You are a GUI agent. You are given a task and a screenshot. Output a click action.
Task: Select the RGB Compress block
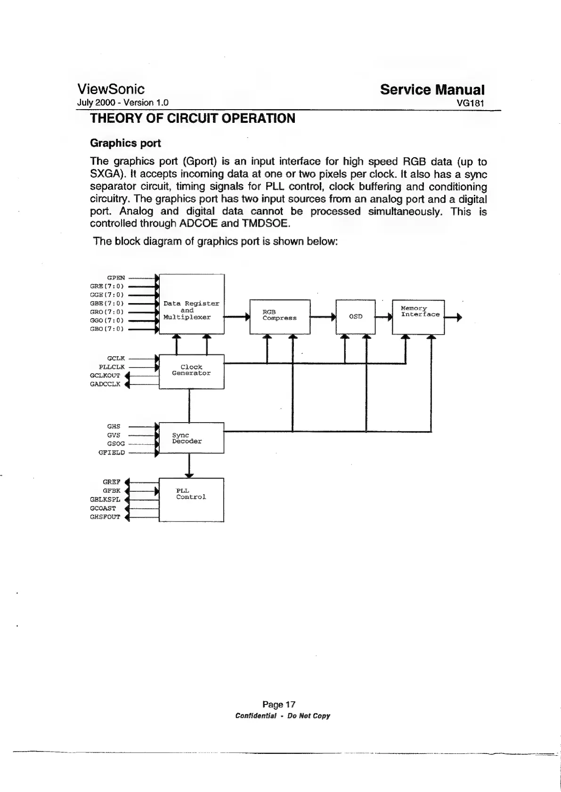point(279,316)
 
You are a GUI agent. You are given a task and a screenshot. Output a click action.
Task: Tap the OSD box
point(355,316)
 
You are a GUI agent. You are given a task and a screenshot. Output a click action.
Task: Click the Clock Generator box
point(191,371)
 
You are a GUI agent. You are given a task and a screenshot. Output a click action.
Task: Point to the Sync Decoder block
point(191,438)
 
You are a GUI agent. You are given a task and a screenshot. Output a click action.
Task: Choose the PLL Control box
point(191,500)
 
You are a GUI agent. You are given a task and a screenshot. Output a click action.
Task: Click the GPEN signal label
point(116,278)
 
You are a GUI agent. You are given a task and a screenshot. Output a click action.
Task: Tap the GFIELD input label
point(111,453)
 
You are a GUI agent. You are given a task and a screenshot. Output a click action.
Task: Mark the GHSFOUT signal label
point(105,517)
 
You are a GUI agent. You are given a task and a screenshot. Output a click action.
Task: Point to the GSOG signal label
point(116,444)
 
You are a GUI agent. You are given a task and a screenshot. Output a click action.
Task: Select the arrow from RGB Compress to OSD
point(323,317)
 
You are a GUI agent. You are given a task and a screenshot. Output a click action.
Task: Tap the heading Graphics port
point(125,143)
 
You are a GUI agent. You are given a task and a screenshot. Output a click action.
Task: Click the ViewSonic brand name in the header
point(111,89)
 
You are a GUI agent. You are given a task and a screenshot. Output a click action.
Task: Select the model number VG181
point(471,103)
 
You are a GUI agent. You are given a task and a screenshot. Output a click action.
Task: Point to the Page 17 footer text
point(279,704)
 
